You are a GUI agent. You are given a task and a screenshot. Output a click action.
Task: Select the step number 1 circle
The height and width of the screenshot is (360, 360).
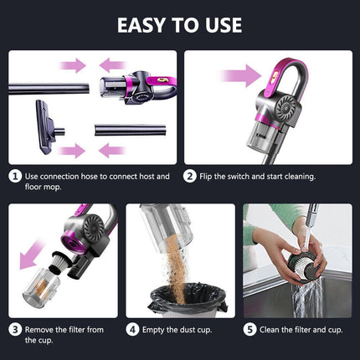[14, 177]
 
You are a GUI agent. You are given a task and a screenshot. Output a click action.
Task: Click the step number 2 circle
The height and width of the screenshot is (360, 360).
[191, 177]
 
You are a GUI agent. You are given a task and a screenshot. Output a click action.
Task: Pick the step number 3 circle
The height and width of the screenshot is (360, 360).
[14, 330]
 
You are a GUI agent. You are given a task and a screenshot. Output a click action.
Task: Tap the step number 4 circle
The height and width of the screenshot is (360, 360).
[132, 330]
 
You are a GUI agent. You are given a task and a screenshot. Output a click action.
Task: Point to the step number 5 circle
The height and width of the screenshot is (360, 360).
[249, 330]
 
